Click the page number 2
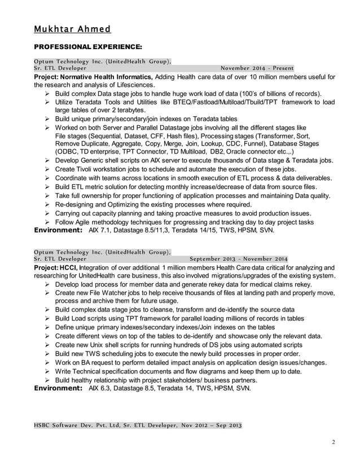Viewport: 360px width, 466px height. pos(334,442)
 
